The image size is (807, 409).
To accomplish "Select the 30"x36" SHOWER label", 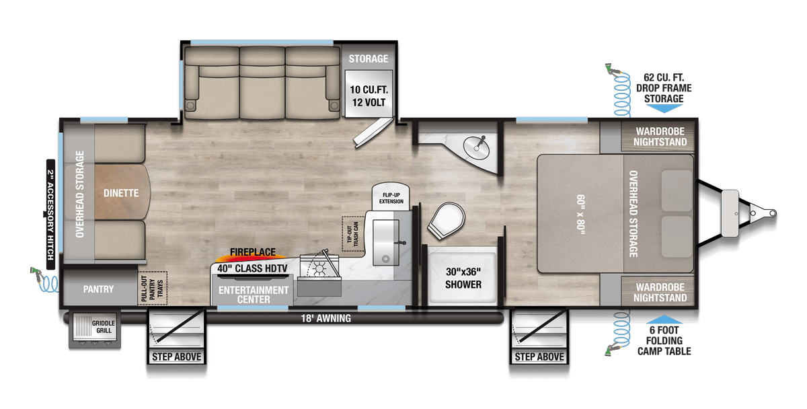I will tap(463, 278).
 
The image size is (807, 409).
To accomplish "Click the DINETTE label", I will tap(121, 193).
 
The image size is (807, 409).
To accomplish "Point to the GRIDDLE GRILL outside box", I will tap(94, 328).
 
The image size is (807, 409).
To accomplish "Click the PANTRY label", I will tap(98, 290).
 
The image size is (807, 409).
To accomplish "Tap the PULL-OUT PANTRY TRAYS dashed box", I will tap(153, 288).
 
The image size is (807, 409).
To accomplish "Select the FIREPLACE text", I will tap(253, 252).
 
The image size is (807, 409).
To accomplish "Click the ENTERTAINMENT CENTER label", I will tap(254, 295).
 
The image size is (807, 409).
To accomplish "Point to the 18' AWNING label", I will tap(325, 318).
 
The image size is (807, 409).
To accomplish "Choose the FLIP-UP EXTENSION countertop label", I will tap(391, 197).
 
